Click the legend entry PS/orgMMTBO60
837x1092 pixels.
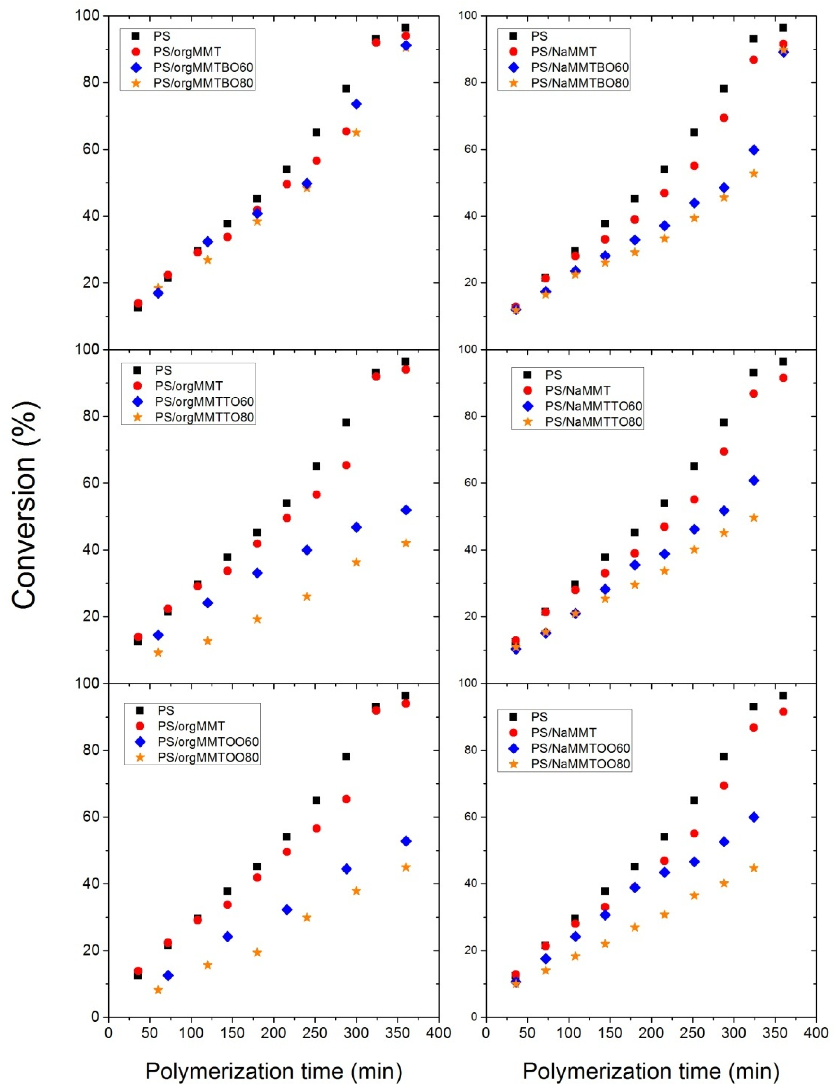203,67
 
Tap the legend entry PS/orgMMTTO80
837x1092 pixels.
204,417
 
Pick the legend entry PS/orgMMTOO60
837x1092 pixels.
208,742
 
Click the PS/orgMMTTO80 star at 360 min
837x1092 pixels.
406,543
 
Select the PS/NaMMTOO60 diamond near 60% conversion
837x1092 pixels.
754,817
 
